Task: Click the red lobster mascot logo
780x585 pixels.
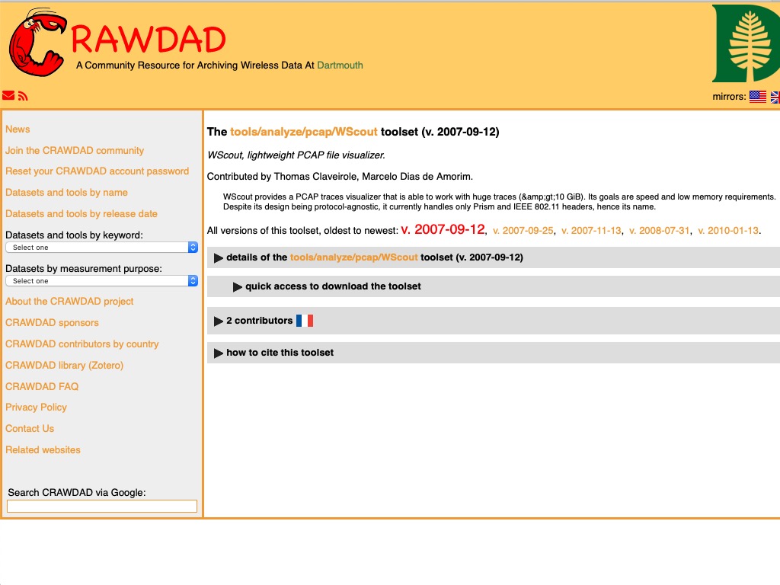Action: pyautogui.click(x=37, y=43)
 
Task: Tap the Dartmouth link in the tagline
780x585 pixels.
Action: pyautogui.click(x=340, y=66)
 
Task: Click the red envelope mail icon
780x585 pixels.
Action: pyautogui.click(x=8, y=96)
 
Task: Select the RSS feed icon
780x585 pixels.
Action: pyautogui.click(x=23, y=96)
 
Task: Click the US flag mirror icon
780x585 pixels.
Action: pyautogui.click(x=757, y=97)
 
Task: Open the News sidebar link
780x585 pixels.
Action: pyautogui.click(x=18, y=129)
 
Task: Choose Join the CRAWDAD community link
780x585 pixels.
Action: pyautogui.click(x=75, y=151)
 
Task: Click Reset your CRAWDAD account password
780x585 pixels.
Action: pyautogui.click(x=97, y=171)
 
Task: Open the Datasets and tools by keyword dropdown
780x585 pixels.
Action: pyautogui.click(x=101, y=248)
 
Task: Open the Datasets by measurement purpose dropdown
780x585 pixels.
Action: pyautogui.click(x=101, y=281)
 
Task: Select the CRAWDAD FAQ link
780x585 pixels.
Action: pyautogui.click(x=42, y=387)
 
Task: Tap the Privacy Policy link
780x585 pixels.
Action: pyautogui.click(x=36, y=408)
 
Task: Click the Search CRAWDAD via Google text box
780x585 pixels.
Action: pyautogui.click(x=101, y=506)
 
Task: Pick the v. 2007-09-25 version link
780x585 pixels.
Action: pyautogui.click(x=523, y=231)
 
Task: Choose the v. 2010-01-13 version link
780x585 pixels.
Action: pyautogui.click(x=728, y=231)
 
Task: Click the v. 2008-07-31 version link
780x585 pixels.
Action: pyautogui.click(x=660, y=231)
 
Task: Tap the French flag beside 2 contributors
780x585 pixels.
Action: pyautogui.click(x=305, y=321)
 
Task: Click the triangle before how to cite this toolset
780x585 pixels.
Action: pyautogui.click(x=219, y=353)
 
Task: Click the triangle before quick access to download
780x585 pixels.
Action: pyautogui.click(x=238, y=287)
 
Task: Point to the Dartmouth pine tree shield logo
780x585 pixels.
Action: pyautogui.click(x=746, y=44)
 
